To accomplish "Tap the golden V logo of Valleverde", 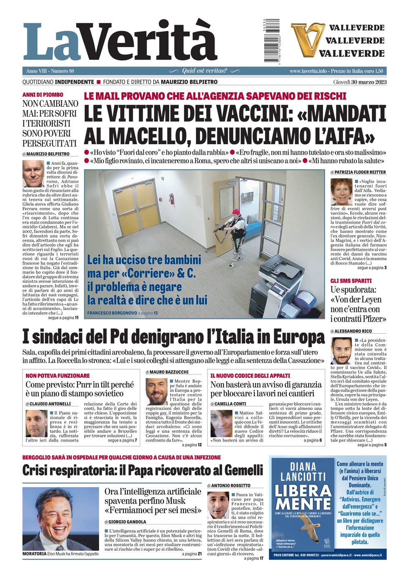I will (308, 40).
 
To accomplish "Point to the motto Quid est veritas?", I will (204, 71).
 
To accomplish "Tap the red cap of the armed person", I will (237, 211).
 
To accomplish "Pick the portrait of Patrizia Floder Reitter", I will (341, 192).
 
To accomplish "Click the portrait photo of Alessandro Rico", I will (341, 350).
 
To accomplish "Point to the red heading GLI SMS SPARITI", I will (351, 281).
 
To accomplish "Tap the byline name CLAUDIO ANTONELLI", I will (50, 404).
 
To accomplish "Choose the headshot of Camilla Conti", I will (221, 424).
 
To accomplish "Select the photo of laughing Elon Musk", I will (61, 519).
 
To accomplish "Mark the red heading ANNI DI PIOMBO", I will (43, 95).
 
